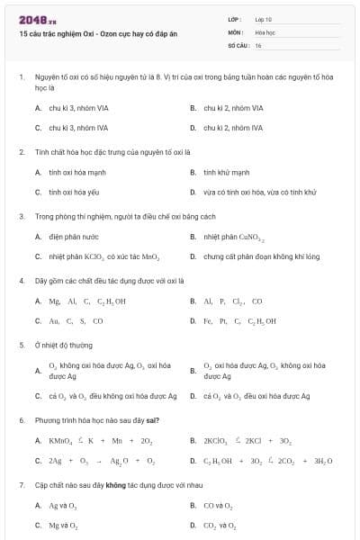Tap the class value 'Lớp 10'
point(264,18)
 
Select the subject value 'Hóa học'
point(265,31)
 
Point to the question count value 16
point(258,44)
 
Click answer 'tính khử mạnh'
point(227,172)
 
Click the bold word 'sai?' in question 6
point(138,420)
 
